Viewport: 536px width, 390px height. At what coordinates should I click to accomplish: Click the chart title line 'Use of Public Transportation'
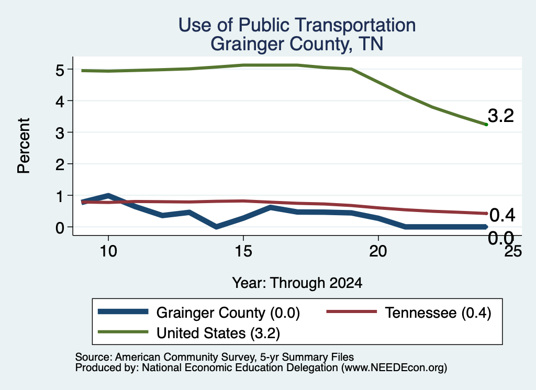pyautogui.click(x=297, y=25)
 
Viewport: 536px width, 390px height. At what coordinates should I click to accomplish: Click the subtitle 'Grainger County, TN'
pyautogui.click(x=297, y=44)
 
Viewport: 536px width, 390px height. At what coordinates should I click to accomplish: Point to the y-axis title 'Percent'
pyautogui.click(x=24, y=146)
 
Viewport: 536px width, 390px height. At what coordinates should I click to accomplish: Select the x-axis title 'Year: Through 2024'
pyautogui.click(x=297, y=283)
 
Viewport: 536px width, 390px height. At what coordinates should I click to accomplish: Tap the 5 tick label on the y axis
pyautogui.click(x=60, y=71)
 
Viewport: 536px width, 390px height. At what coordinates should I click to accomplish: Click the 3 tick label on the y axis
pyautogui.click(x=60, y=133)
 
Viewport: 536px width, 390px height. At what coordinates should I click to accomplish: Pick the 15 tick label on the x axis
pyautogui.click(x=243, y=252)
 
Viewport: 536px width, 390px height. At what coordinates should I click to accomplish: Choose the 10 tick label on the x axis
pyautogui.click(x=108, y=252)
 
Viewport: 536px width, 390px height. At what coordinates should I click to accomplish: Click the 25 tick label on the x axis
pyautogui.click(x=513, y=252)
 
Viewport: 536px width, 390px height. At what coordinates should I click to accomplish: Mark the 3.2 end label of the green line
pyautogui.click(x=501, y=116)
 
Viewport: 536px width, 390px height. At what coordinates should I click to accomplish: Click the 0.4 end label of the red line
pyautogui.click(x=502, y=215)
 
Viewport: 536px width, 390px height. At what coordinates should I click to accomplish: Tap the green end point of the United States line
pyautogui.click(x=486, y=125)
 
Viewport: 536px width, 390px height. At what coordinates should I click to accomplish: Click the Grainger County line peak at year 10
pyautogui.click(x=108, y=195)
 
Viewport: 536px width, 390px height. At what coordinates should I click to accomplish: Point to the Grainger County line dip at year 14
pyautogui.click(x=216, y=227)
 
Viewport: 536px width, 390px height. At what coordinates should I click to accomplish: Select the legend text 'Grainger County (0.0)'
pyautogui.click(x=228, y=313)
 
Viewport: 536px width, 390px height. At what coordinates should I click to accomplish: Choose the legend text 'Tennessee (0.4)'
pyautogui.click(x=438, y=313)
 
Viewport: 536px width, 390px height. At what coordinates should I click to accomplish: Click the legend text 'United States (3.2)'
pyautogui.click(x=218, y=333)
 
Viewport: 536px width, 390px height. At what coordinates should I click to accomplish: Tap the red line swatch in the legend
pyautogui.click(x=352, y=311)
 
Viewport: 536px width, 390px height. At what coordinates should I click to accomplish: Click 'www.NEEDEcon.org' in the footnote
pyautogui.click(x=394, y=368)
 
